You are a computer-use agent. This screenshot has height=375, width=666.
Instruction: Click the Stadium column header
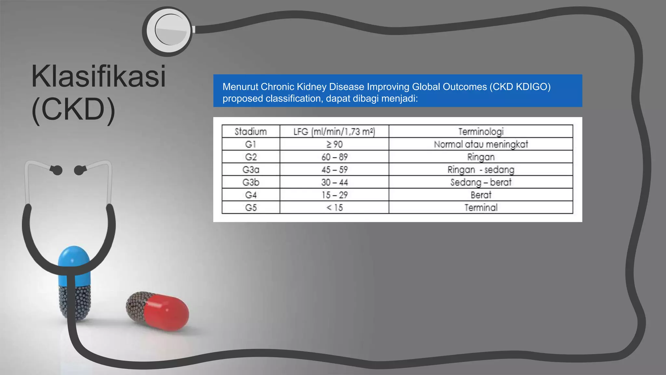(251, 132)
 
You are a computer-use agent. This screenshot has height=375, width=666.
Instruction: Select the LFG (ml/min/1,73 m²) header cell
(334, 132)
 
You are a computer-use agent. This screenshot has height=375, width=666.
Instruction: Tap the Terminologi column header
(481, 132)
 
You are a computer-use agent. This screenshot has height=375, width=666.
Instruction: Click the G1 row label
(251, 144)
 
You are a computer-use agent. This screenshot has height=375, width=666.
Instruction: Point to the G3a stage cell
(251, 170)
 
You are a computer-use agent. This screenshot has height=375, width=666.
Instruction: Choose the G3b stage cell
(251, 182)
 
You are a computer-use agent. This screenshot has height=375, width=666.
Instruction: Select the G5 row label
(251, 208)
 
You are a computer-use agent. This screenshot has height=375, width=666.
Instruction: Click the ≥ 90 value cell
(334, 144)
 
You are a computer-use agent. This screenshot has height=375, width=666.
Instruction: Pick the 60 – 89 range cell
(334, 157)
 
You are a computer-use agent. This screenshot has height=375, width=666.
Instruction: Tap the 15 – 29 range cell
(334, 195)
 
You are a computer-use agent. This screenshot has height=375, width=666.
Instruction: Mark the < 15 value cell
(334, 208)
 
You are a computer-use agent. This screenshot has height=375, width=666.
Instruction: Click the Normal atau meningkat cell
(481, 144)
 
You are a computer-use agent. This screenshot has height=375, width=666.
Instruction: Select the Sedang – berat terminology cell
(481, 182)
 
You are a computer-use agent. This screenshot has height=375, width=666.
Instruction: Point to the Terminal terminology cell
(481, 208)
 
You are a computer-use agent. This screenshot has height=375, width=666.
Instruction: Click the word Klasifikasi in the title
(98, 76)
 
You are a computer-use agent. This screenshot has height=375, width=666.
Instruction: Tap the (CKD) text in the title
(73, 109)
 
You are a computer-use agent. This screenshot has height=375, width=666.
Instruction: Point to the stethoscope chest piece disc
(168, 31)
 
